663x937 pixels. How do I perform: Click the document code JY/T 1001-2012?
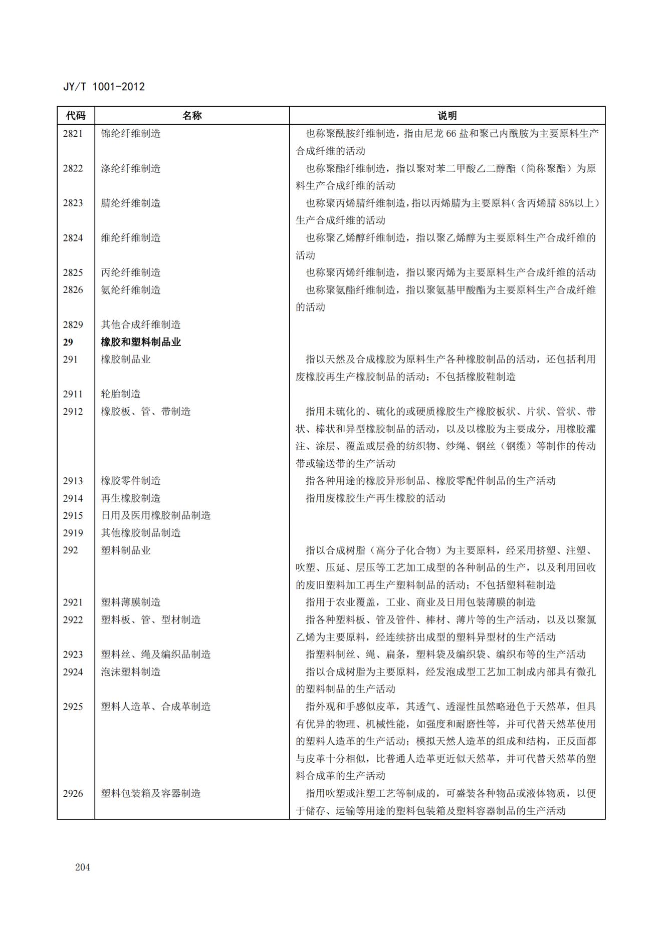coord(104,87)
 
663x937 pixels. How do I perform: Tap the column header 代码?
coord(76,116)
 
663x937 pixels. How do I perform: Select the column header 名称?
coord(191,116)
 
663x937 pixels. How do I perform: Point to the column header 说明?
coord(447,116)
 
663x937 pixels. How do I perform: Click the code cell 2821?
coord(73,134)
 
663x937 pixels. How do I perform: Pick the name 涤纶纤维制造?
coord(131,168)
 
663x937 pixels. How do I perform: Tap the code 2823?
coord(73,203)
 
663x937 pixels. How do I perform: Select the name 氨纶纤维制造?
coord(131,290)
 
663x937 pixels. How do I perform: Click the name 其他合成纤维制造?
coord(141,325)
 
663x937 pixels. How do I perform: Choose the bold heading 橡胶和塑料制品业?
coord(141,342)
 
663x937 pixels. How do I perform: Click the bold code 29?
coord(68,342)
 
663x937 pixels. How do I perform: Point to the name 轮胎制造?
coord(121,394)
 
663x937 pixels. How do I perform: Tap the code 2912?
coord(73,412)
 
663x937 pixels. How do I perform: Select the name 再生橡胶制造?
coord(131,498)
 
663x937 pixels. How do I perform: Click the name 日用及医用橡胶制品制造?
coord(156,515)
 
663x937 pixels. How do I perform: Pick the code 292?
coord(71,550)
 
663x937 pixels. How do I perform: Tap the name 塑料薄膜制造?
coord(131,602)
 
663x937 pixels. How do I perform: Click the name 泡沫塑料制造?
coord(131,672)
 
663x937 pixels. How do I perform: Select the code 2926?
coord(73,793)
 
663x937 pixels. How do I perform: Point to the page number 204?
coord(83,867)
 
